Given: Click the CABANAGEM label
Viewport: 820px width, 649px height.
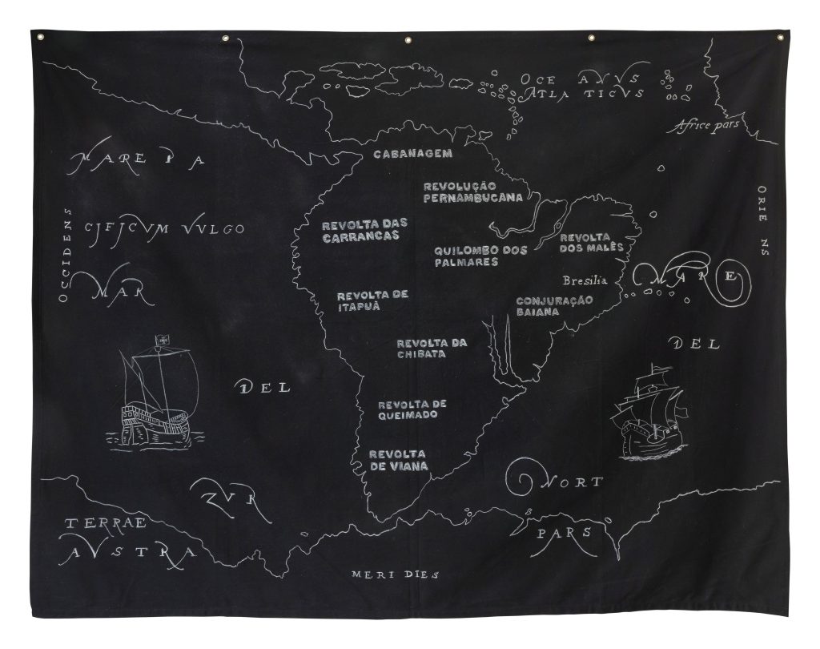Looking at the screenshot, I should click(413, 153).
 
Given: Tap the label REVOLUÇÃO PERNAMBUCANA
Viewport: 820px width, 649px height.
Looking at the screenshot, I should click(472, 191).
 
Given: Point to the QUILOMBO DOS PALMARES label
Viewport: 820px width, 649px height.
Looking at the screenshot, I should click(480, 256).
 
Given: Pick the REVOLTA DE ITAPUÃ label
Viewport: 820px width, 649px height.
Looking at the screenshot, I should click(372, 300).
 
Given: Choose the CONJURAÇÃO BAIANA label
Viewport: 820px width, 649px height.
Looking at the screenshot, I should click(554, 306).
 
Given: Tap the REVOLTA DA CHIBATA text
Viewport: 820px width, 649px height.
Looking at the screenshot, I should click(432, 349).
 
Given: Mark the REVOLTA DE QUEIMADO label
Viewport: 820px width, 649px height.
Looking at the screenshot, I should click(412, 409).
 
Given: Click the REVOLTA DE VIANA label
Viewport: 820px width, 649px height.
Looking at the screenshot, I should click(398, 459).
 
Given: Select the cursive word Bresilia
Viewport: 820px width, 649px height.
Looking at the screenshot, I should click(585, 281).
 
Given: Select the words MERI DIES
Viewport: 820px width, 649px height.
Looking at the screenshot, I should click(396, 574).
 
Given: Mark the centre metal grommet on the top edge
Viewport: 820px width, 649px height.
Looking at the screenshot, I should click(408, 39).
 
